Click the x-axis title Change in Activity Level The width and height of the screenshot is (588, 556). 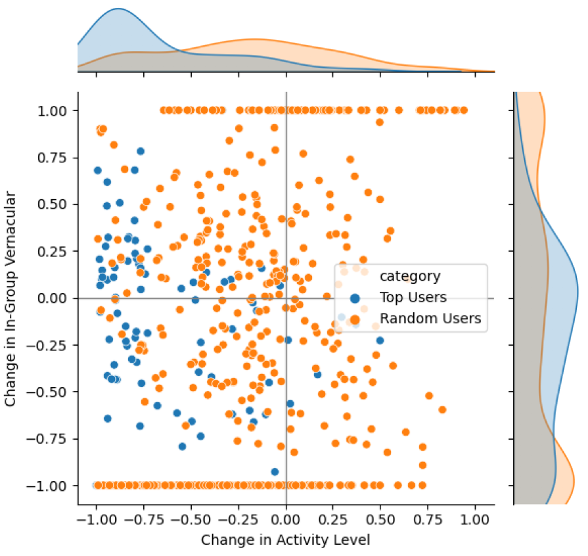click(x=286, y=540)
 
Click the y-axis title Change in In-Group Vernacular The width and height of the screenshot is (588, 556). click(x=11, y=298)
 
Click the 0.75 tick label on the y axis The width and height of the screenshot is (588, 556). click(x=55, y=158)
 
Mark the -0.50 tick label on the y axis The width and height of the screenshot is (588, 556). click(x=53, y=392)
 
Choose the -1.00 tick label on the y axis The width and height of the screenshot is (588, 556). click(x=53, y=486)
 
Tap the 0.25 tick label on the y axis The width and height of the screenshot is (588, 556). click(x=55, y=252)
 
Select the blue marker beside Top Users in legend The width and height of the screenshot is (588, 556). click(x=355, y=298)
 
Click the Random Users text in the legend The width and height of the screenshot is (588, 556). click(x=430, y=319)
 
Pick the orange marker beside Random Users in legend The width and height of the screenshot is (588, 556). click(x=355, y=319)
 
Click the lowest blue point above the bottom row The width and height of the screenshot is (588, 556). click(x=275, y=471)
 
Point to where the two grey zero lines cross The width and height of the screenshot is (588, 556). click(x=286, y=298)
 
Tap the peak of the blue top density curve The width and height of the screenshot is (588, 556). click(x=118, y=9)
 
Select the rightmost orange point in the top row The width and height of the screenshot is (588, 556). click(x=464, y=110)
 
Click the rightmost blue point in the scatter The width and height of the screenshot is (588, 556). click(x=380, y=340)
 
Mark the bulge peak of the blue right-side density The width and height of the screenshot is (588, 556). click(x=577, y=289)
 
